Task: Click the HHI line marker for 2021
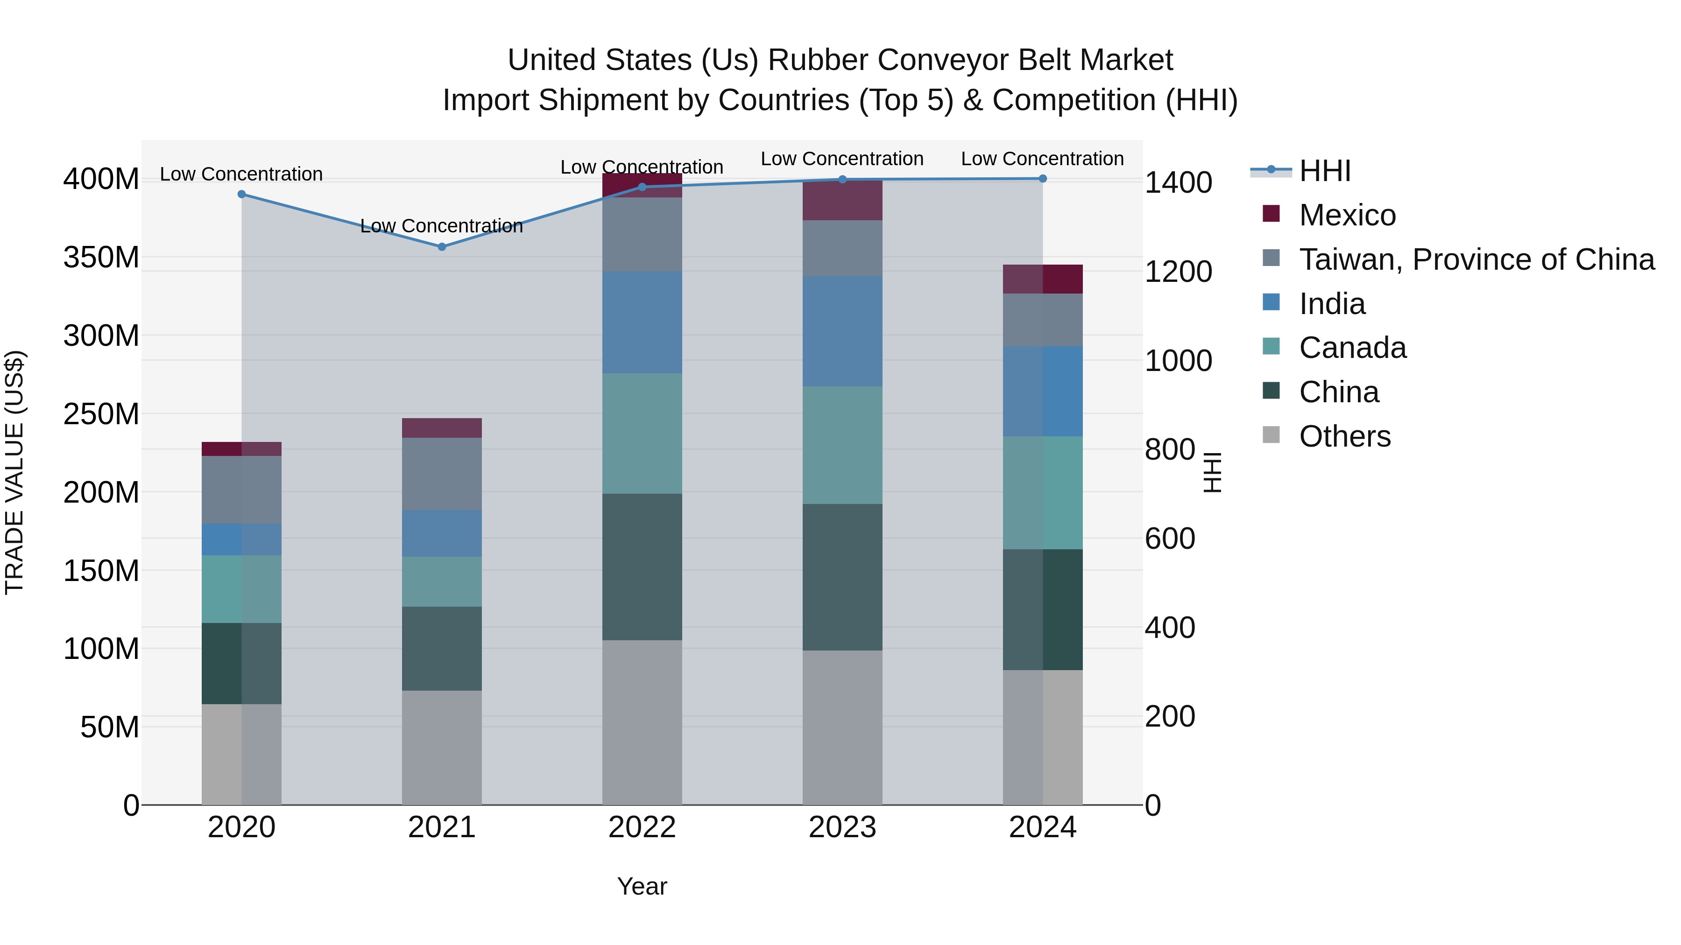point(442,246)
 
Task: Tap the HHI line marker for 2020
point(241,194)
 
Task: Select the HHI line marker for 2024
point(1042,178)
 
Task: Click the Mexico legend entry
point(1347,215)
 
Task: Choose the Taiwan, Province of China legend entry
point(1476,259)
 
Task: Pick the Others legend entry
point(1344,436)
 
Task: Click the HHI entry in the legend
point(1324,171)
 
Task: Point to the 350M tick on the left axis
point(101,257)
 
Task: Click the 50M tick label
point(109,727)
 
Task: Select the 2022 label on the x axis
point(642,827)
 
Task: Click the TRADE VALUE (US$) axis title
point(14,472)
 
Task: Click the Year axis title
point(642,886)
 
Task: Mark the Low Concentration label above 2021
point(442,226)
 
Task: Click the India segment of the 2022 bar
point(642,322)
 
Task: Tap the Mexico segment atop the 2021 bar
point(442,428)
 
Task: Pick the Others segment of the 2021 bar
point(442,748)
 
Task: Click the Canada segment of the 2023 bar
point(842,445)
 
